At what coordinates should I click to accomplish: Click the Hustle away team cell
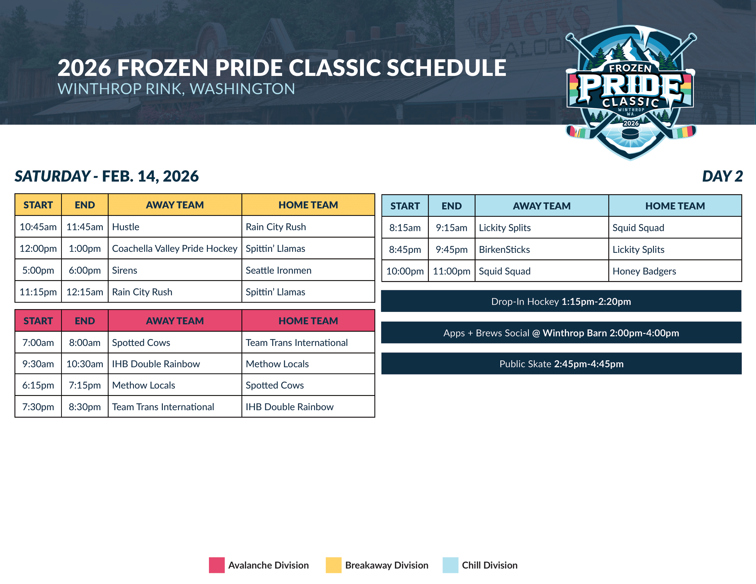point(175,227)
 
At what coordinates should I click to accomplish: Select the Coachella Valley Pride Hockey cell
point(175,248)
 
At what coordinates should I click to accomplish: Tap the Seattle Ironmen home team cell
point(308,270)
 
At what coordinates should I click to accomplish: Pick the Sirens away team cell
point(175,270)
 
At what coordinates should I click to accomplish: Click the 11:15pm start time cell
point(38,292)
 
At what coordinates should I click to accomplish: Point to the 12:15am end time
point(85,292)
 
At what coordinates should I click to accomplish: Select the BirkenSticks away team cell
point(542,249)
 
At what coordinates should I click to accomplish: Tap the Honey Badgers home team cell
point(675,271)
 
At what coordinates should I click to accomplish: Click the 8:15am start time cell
point(405,228)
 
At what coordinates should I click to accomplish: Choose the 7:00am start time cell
point(38,342)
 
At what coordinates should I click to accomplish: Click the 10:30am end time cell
point(85,364)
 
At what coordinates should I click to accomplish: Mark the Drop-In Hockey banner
point(561,301)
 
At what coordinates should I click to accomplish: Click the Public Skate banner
point(561,363)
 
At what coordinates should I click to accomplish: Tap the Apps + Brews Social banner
point(561,333)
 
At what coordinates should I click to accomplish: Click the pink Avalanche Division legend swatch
point(217,565)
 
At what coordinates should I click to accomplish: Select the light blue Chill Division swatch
point(451,565)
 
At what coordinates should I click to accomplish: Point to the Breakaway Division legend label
point(387,565)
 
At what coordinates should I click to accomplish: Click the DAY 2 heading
point(722,176)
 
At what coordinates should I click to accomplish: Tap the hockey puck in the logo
point(630,134)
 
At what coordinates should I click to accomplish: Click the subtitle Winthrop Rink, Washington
point(176,89)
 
